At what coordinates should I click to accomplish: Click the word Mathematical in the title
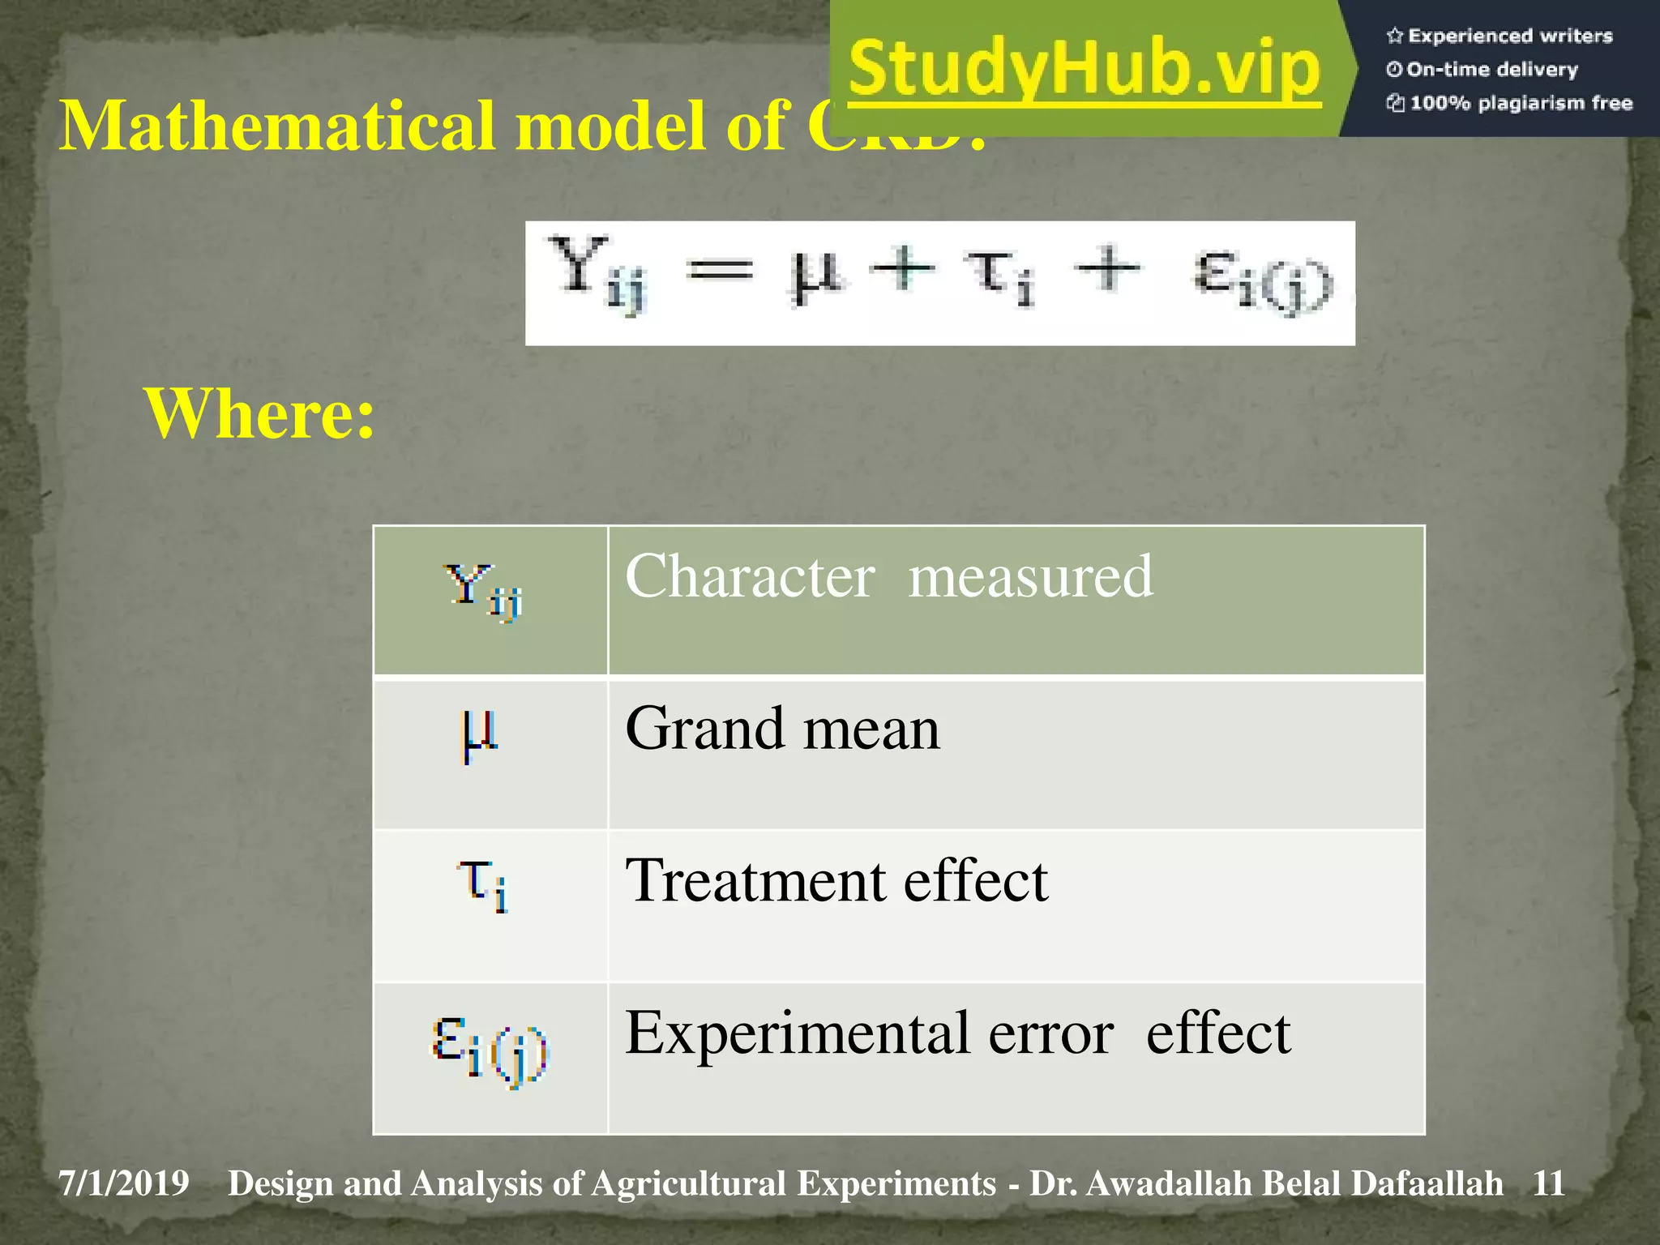[276, 126]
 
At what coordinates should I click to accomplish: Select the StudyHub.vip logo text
[1085, 68]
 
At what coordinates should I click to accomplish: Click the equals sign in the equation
[720, 270]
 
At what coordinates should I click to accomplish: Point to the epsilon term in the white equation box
[1261, 280]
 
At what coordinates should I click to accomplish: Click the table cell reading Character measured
[888, 576]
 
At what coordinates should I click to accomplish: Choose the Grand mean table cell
[782, 728]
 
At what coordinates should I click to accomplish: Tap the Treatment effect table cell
[836, 880]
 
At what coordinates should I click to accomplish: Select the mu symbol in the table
[479, 734]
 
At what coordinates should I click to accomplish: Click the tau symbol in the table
[483, 885]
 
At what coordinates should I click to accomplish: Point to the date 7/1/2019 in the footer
[124, 1183]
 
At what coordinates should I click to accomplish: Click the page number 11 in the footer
[1548, 1183]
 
